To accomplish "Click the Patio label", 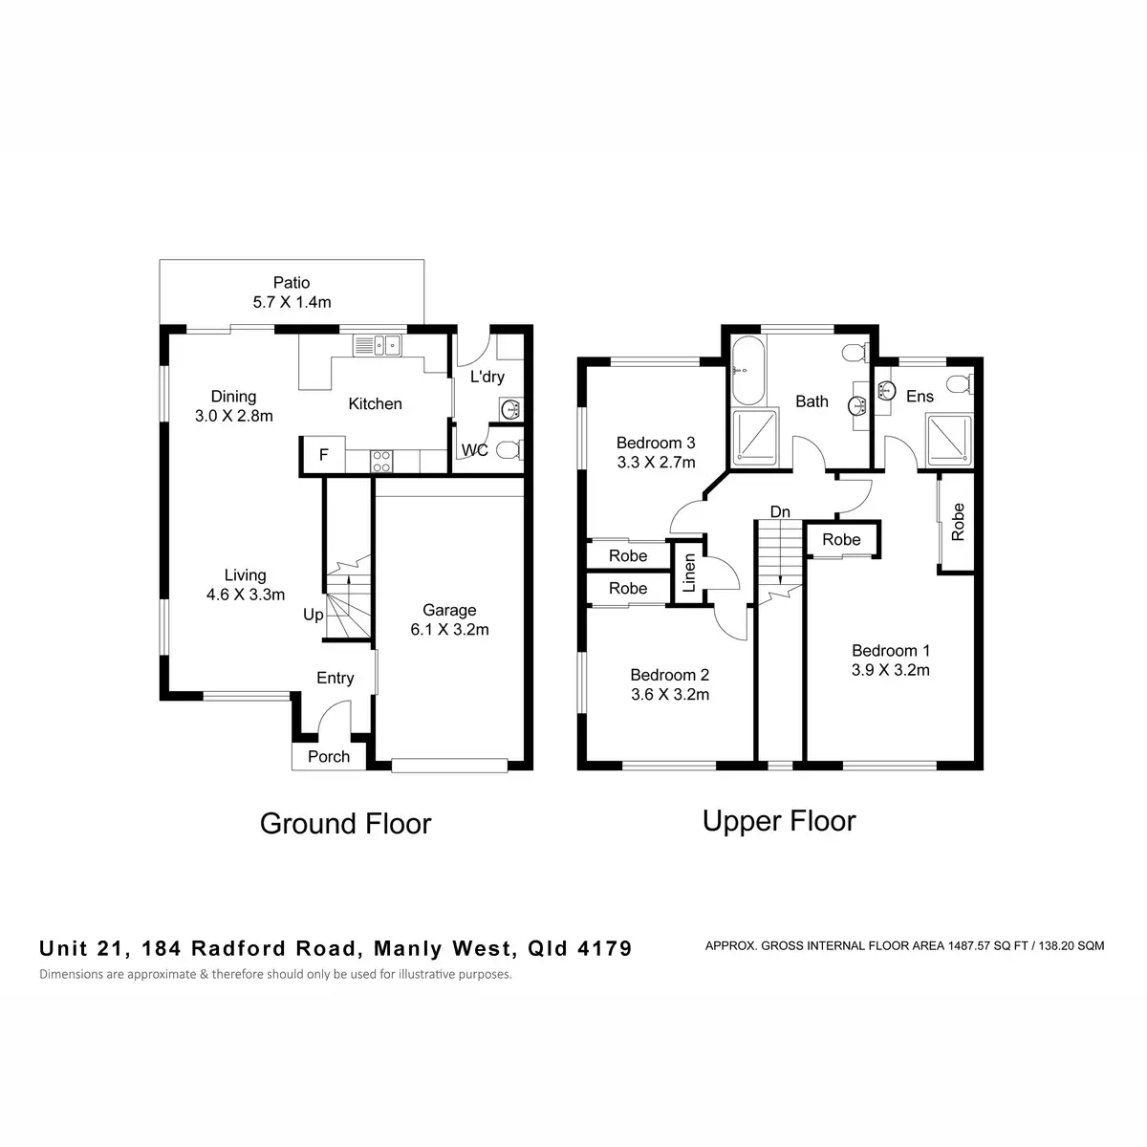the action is (292, 282).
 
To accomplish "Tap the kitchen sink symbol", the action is (378, 345).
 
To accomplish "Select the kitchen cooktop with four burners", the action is (381, 462).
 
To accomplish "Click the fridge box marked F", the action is (323, 455).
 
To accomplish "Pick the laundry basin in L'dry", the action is (510, 409).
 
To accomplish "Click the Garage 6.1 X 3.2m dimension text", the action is (449, 629).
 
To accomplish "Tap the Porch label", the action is (329, 756).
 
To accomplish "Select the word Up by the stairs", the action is (314, 615).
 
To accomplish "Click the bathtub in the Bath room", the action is (747, 371).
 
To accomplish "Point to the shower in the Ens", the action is (949, 441).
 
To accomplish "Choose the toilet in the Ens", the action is (960, 384).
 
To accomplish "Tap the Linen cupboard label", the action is (688, 573).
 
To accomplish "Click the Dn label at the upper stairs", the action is (780, 512).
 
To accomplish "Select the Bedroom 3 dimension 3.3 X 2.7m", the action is (656, 463).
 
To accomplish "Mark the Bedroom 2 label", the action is (670, 675).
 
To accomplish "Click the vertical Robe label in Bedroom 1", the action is (958, 522).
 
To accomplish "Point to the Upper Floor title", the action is (779, 822).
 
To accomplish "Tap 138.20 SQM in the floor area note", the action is (1071, 946).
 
